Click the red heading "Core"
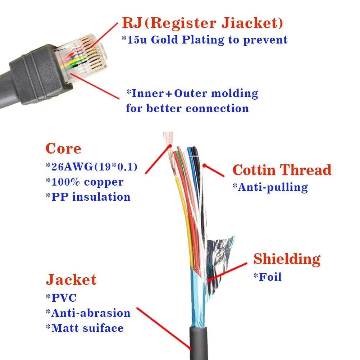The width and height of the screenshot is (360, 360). [63, 149]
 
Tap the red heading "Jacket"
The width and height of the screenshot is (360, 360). [71, 280]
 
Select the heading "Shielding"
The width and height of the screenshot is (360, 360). [287, 259]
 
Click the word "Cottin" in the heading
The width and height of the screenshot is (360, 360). [254, 170]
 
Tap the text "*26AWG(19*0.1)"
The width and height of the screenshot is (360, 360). [92, 167]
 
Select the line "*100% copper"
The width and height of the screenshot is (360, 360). [85, 182]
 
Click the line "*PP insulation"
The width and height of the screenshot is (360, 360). [88, 197]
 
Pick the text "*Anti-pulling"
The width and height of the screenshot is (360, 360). [272, 187]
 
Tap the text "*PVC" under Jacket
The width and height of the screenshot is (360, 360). [61, 298]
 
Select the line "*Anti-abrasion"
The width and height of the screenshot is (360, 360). [88, 313]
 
